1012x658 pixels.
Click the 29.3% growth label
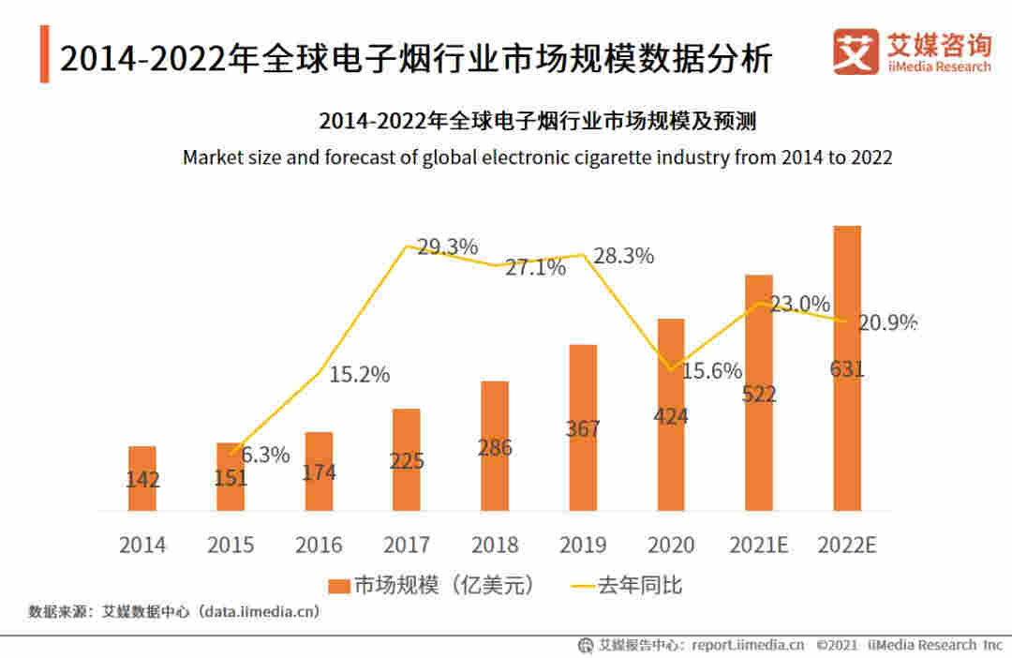(x=447, y=247)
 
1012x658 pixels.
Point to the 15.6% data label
(x=712, y=370)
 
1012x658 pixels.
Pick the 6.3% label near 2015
(x=265, y=456)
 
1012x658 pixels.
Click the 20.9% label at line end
(x=886, y=323)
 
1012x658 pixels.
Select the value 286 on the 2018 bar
(x=495, y=447)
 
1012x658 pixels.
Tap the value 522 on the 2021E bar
(x=759, y=395)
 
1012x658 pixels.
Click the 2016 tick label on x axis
(x=319, y=545)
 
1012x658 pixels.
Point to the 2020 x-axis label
(x=671, y=545)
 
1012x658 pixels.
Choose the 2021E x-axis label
(x=758, y=545)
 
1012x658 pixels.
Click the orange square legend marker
(x=338, y=587)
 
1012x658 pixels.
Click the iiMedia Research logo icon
(x=856, y=52)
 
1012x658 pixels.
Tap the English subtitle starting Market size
(x=537, y=157)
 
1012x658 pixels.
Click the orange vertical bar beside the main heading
(x=44, y=55)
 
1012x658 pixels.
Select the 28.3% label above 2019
(x=622, y=256)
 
